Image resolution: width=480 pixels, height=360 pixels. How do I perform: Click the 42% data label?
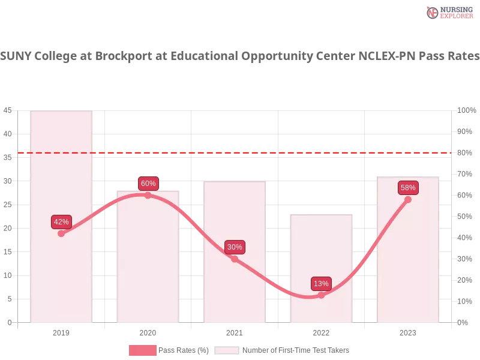click(61, 221)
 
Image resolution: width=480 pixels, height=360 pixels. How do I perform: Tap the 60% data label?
click(148, 184)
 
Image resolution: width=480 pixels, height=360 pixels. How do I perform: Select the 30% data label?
click(235, 247)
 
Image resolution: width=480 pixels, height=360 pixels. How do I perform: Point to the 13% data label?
click(321, 283)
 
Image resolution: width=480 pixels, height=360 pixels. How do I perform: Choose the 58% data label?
click(408, 188)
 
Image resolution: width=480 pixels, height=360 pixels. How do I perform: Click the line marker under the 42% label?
click(61, 233)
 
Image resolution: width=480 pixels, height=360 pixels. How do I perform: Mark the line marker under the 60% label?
click(148, 195)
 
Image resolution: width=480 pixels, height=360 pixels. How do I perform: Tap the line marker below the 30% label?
click(235, 259)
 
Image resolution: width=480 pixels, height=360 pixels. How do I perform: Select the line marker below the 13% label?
click(321, 295)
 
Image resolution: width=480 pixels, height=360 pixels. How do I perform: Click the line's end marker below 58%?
click(408, 199)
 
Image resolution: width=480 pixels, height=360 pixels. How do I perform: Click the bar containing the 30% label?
click(235, 288)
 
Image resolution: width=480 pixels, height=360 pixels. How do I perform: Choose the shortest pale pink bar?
click(321, 252)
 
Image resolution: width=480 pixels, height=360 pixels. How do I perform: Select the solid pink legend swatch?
click(142, 350)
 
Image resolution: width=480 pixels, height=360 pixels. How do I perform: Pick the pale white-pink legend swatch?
click(227, 350)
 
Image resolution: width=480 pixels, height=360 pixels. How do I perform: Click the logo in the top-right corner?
click(448, 12)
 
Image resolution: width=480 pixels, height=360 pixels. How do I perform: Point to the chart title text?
click(240, 56)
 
